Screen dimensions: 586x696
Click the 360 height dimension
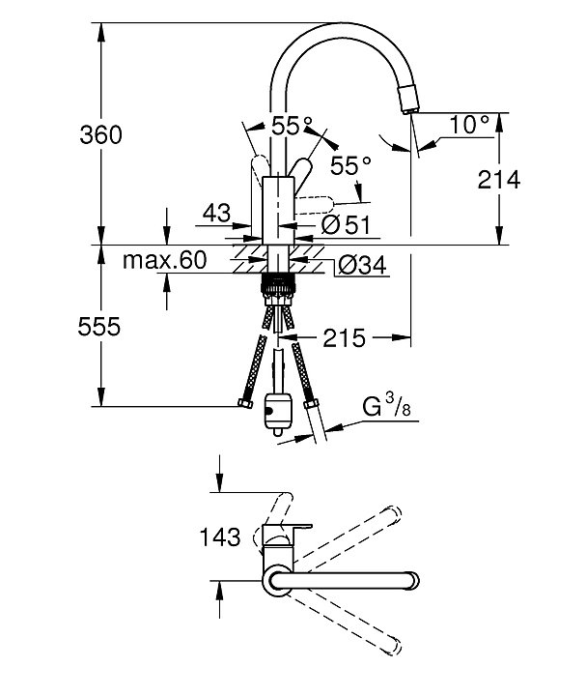click(100, 134)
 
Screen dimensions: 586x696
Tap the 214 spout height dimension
click(499, 180)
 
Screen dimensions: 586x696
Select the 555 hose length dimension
click(98, 327)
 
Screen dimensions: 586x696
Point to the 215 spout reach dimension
click(344, 338)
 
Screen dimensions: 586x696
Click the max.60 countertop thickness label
click(164, 260)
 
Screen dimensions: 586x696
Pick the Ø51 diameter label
click(346, 225)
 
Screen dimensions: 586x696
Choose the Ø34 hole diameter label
click(362, 266)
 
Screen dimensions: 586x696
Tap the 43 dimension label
click(217, 213)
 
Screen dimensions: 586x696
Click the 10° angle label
click(469, 125)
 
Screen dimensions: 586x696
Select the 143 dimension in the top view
click(220, 537)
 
